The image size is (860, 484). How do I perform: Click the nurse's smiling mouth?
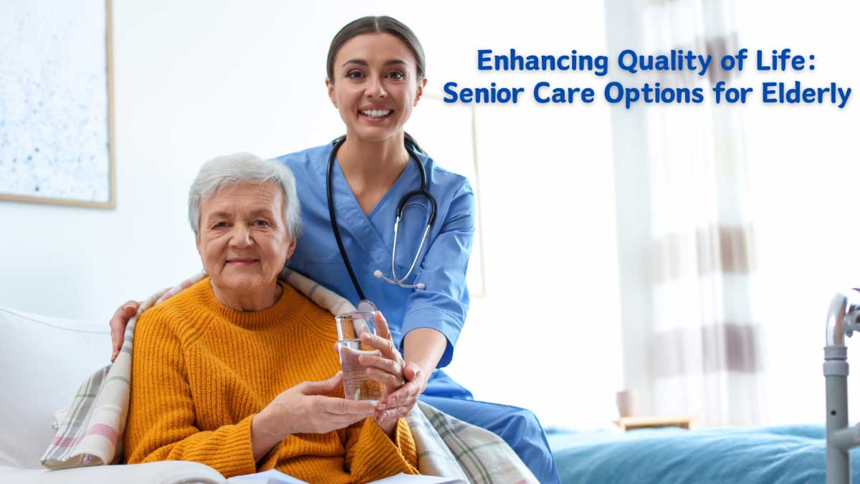376,113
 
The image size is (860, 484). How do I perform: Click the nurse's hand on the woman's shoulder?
122,326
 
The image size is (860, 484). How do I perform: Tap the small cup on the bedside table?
626,403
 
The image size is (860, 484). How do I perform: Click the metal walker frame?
836,373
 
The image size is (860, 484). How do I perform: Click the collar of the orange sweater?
236,301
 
